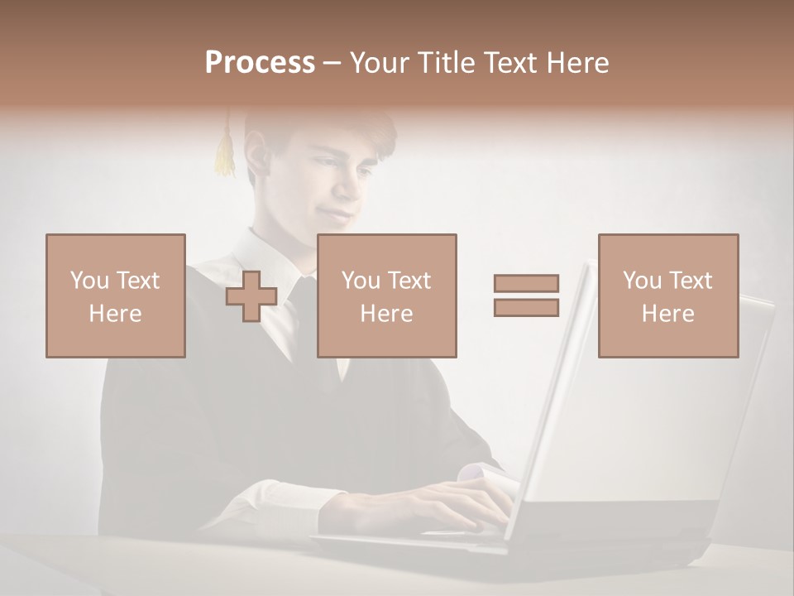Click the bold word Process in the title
[260, 63]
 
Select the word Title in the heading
[446, 63]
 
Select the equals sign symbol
[526, 296]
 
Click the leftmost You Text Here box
[116, 296]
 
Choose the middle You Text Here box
[387, 296]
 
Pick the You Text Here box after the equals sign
[668, 296]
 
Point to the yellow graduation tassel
[224, 153]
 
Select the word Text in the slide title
[510, 63]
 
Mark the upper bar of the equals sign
[526, 283]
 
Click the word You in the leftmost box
[89, 280]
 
